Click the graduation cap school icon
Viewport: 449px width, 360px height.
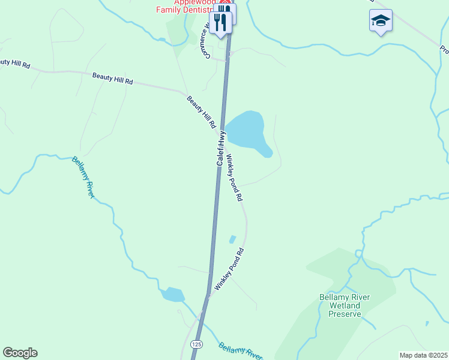(381, 21)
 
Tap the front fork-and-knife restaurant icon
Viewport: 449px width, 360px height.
(221, 23)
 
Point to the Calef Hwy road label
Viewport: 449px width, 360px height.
(221, 148)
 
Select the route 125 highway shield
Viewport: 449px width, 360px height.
(197, 344)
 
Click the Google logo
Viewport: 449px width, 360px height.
(20, 353)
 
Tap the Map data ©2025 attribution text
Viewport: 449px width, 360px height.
(423, 355)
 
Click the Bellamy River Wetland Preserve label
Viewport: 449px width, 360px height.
(345, 305)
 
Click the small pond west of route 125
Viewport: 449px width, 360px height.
(173, 295)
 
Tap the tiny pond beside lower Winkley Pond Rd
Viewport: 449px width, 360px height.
(232, 239)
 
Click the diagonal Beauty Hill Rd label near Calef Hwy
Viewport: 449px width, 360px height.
(200, 112)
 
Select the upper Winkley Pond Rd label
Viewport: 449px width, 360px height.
(234, 177)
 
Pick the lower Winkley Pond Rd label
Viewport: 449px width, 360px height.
(229, 269)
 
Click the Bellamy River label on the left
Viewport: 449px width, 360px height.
(83, 177)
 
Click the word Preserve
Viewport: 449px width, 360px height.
(345, 314)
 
